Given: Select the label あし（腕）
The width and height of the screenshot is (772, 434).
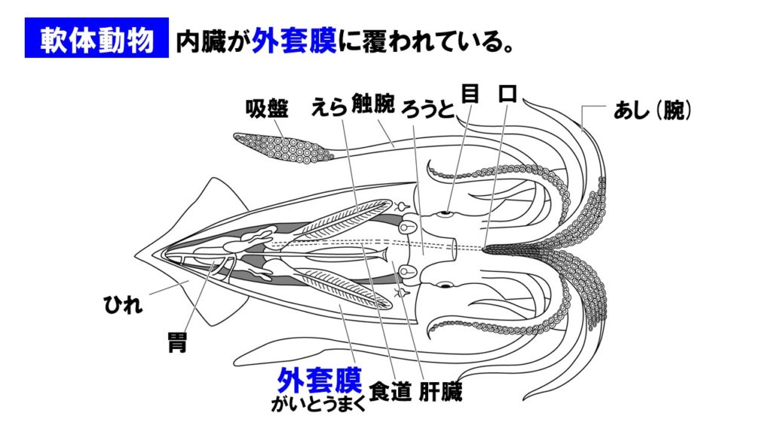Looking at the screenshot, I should tap(652, 112).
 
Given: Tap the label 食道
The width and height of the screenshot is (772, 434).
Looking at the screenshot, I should tap(390, 392).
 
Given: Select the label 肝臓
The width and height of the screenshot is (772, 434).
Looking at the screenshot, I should tap(439, 392).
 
